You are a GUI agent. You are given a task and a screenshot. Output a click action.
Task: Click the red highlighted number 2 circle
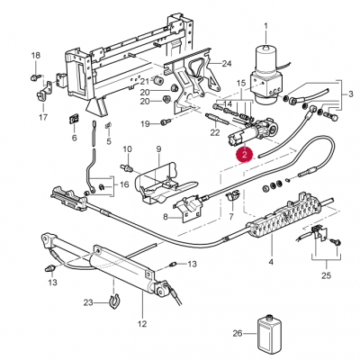point(245,155)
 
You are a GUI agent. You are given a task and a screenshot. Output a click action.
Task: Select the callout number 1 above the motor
point(265,27)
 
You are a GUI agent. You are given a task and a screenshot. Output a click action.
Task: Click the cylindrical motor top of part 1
point(265,59)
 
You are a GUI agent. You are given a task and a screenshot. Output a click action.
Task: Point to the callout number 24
point(227,64)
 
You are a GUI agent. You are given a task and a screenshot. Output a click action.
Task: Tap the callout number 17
point(43,117)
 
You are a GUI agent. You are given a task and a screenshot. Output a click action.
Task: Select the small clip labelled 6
point(74,120)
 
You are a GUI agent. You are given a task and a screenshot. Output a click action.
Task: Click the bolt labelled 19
point(166,121)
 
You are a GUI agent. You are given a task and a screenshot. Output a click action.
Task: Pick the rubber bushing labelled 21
point(157,80)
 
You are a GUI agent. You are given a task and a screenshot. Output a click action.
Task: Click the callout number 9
point(158,148)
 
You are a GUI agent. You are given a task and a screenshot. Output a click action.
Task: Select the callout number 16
point(124,184)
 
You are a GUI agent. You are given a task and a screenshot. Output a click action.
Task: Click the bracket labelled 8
point(187,207)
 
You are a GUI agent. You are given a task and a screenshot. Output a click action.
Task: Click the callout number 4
point(271,262)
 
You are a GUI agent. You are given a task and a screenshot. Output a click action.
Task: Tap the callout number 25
point(327,275)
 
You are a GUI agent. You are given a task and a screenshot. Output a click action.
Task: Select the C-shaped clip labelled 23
point(113,302)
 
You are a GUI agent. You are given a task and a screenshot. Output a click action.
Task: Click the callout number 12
point(142,324)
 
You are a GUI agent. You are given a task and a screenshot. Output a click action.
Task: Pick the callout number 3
point(351,94)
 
